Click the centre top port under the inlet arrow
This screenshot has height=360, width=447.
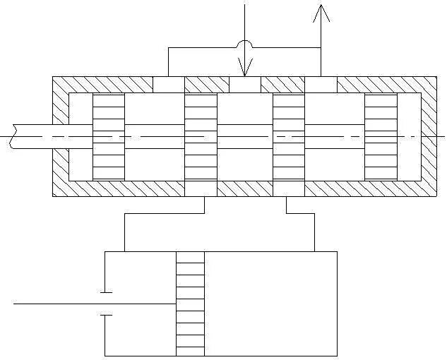point(245,85)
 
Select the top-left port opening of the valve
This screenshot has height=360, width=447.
point(168,85)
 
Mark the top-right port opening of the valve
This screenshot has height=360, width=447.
point(321,85)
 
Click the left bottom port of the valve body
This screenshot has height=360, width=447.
point(201,188)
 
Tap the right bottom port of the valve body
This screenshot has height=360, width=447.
point(288,188)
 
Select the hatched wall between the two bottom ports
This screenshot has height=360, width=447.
point(244,188)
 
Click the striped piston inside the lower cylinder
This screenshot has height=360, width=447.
point(190,304)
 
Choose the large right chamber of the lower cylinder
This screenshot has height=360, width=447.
point(270,304)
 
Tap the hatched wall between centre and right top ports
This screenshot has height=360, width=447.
point(283,85)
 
